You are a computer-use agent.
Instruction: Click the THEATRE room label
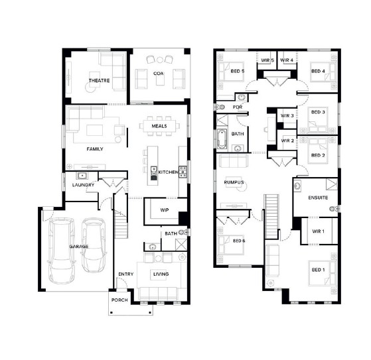(x=99, y=81)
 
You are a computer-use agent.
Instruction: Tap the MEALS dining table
(x=159, y=126)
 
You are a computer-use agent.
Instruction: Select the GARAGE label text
(x=79, y=247)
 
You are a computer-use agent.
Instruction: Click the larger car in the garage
(x=61, y=251)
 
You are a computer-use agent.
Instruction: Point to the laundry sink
(x=82, y=176)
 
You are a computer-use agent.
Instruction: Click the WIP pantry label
(x=165, y=210)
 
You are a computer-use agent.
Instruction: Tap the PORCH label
(x=119, y=300)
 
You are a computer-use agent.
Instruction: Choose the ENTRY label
(x=126, y=274)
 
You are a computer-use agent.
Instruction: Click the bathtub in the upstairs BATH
(x=222, y=139)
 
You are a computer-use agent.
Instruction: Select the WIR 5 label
(x=267, y=60)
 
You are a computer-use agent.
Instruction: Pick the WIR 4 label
(x=287, y=60)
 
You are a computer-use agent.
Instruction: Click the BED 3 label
(x=318, y=112)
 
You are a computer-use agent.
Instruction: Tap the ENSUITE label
(x=318, y=198)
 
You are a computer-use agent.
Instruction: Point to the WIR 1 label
(x=318, y=231)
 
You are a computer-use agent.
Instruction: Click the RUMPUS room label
(x=234, y=182)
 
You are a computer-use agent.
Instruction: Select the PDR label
(x=238, y=107)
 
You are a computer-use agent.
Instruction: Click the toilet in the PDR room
(x=220, y=107)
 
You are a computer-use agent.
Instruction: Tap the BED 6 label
(x=239, y=241)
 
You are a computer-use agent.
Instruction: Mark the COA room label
(x=159, y=74)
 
